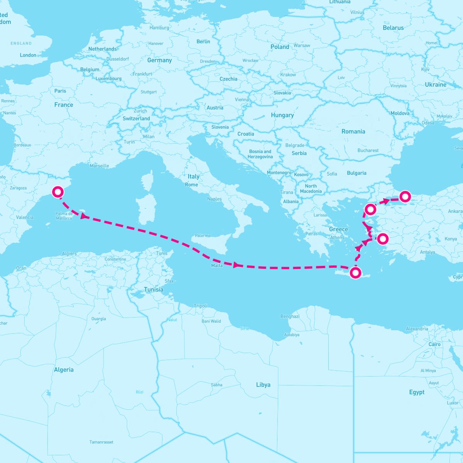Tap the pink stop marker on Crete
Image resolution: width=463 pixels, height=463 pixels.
click(355, 273)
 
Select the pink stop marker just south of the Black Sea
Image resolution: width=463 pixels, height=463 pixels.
click(405, 196)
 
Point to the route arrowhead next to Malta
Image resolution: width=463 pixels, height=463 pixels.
click(237, 265)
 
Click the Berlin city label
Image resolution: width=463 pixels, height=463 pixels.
click(203, 42)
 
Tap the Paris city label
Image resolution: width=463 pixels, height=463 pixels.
click(60, 91)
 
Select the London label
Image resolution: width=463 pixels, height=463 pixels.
click(28, 55)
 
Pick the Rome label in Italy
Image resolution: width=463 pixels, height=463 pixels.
click(191, 185)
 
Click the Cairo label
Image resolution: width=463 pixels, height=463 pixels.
click(434, 344)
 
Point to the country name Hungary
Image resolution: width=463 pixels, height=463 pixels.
click(282, 115)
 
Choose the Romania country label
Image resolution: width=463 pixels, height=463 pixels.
click(353, 132)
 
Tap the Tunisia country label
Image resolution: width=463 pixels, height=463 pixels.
click(154, 289)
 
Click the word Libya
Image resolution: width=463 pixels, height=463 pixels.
click(263, 385)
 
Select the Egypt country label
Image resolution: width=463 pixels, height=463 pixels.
click(417, 392)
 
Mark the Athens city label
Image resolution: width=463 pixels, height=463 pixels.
click(337, 238)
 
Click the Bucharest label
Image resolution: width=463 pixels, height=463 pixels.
click(368, 150)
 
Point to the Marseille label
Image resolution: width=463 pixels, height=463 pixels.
click(99, 166)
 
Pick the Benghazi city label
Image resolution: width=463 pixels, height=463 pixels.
click(290, 316)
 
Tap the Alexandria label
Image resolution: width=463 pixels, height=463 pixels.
click(417, 329)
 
